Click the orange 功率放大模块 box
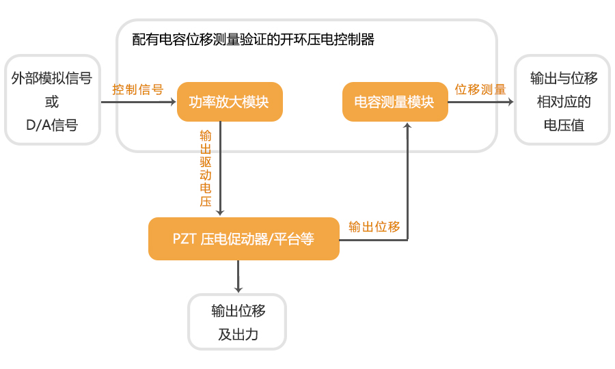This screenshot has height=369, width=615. [230, 102]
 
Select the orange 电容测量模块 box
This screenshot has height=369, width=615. [394, 102]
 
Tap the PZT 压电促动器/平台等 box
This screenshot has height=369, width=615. [244, 239]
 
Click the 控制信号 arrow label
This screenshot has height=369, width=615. [138, 90]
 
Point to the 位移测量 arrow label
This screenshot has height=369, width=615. [480, 90]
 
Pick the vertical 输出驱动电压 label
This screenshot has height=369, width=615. [205, 168]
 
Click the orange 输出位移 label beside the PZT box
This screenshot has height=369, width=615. [374, 226]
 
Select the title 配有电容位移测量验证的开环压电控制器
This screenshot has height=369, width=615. [254, 39]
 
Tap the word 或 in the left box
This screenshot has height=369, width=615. [52, 102]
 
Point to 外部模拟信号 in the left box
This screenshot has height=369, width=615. [52, 79]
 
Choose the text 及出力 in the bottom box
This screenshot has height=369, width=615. [238, 335]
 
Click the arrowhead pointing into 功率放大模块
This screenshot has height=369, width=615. [172, 102]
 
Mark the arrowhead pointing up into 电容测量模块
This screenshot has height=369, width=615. [408, 126]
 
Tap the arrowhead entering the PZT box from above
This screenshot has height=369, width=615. [220, 213]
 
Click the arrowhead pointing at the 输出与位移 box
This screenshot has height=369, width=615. [510, 102]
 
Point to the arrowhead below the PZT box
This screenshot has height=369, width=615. [238, 289]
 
